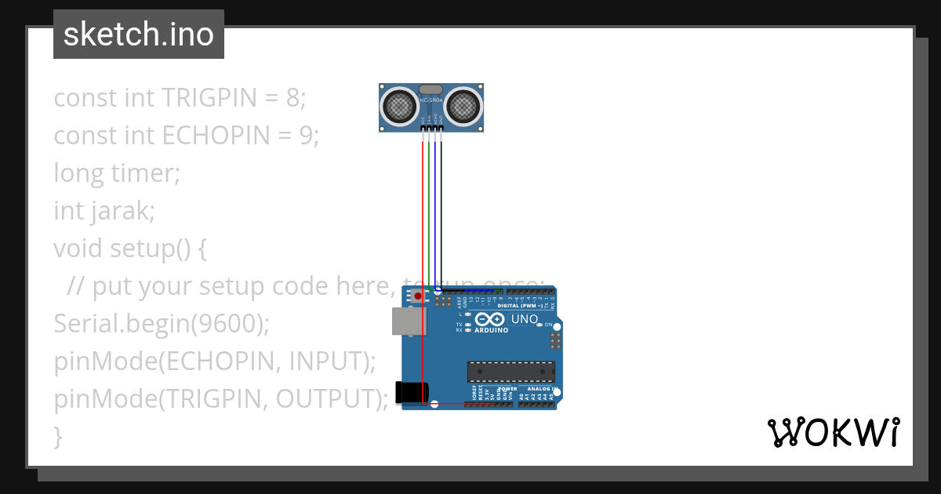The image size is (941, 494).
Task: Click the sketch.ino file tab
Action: click(x=139, y=35)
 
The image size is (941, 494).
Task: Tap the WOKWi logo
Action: click(x=833, y=433)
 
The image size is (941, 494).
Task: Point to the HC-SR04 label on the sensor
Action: click(x=432, y=101)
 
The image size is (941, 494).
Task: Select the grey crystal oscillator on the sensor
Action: click(x=432, y=89)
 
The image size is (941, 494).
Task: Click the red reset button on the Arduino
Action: click(x=418, y=296)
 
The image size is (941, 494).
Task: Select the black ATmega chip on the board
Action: click(x=510, y=372)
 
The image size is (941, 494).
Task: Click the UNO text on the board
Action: click(x=525, y=319)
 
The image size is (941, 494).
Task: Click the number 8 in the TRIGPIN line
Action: click(x=292, y=98)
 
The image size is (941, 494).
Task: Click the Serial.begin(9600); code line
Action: click(x=162, y=324)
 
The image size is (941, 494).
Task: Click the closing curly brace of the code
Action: click(x=57, y=436)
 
